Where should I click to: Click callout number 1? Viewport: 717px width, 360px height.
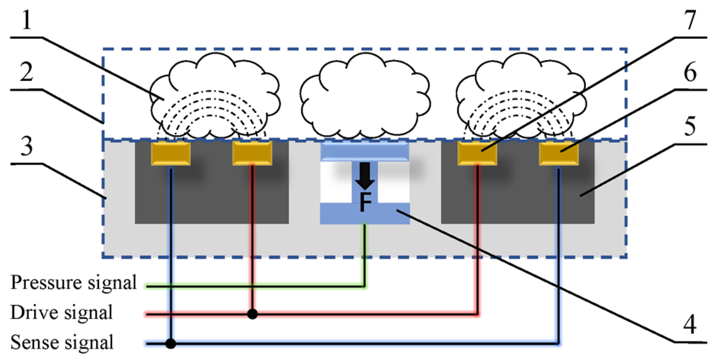26,20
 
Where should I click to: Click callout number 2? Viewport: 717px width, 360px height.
26,72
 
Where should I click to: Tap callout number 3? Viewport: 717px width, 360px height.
26,146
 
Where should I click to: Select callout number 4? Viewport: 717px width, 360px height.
690,325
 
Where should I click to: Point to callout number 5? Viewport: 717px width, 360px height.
690,126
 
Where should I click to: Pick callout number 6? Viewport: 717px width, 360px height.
690,72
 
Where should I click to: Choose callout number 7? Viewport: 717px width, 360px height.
690,20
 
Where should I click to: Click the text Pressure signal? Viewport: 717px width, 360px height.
73,283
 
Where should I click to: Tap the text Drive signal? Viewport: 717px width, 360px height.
61,312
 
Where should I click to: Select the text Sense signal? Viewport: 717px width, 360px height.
62,342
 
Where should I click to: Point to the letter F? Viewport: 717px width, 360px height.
365,202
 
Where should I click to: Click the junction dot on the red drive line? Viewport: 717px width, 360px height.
252,314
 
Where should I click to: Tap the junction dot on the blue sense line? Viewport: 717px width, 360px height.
171,344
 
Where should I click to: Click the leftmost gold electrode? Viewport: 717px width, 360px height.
171,154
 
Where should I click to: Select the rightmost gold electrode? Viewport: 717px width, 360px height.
558,154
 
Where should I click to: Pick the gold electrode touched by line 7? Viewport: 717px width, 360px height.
477,154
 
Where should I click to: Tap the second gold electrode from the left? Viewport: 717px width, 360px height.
252,154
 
